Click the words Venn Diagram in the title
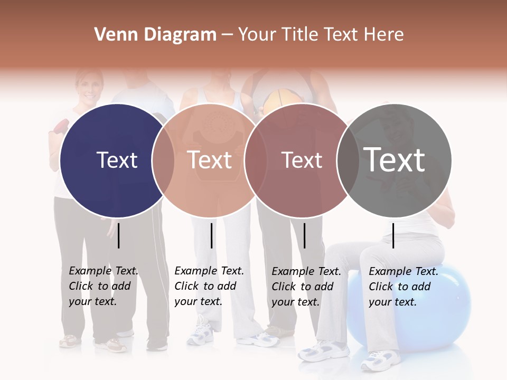[x=155, y=35]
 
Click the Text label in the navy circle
[x=117, y=160]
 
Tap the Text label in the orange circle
[x=210, y=160]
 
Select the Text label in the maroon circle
[x=302, y=160]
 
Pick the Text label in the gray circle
[x=395, y=159]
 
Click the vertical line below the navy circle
[x=119, y=235]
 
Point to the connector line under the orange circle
[x=211, y=235]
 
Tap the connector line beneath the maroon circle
[x=304, y=235]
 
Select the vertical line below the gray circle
[x=393, y=235]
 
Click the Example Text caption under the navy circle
[x=103, y=286]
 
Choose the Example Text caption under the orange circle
[x=209, y=286]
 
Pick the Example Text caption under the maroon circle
[x=306, y=287]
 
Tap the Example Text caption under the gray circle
[x=403, y=287]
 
